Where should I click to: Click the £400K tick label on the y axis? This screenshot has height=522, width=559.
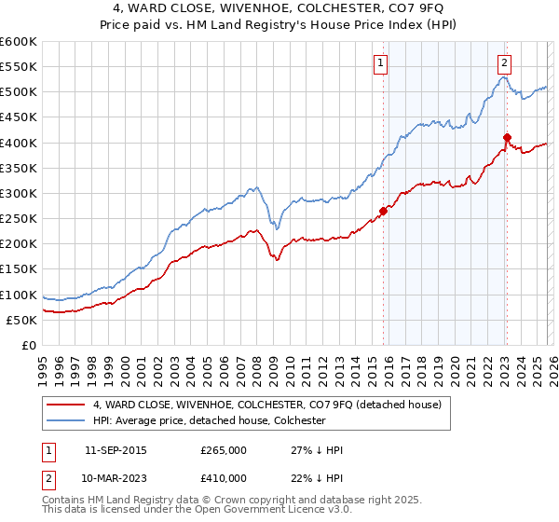tap(19, 143)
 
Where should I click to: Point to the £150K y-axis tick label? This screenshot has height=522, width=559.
tap(19, 269)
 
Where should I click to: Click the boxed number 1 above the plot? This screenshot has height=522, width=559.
tap(382, 63)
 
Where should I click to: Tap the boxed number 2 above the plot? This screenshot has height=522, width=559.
tap(504, 63)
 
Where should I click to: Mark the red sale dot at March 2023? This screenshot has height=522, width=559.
tap(507, 138)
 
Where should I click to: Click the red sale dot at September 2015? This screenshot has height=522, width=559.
tap(384, 211)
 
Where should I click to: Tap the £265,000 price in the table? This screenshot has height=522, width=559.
tap(223, 449)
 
